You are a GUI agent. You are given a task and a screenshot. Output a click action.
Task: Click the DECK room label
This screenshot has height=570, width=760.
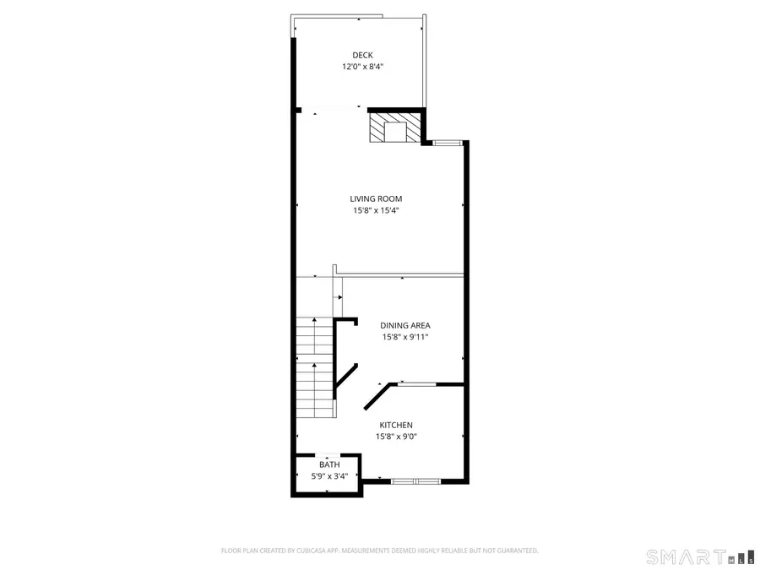pos(362,55)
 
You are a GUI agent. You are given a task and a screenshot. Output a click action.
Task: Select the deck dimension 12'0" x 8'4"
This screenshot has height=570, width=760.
pos(362,67)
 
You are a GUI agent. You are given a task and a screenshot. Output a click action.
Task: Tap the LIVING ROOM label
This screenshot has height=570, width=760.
pos(376,199)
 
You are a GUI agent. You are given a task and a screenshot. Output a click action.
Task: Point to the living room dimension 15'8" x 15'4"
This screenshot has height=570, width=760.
pos(376,211)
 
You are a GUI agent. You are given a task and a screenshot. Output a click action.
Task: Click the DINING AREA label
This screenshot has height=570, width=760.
pos(404,325)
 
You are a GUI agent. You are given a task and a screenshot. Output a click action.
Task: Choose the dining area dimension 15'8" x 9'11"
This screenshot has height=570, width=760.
pos(404,337)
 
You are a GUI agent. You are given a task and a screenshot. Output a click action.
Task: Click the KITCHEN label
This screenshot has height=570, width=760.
pos(396,425)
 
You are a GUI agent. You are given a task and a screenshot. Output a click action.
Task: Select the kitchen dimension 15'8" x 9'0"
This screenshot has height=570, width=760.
pos(396,437)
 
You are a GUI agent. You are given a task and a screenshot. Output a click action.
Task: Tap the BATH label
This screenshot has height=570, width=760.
pos(328,464)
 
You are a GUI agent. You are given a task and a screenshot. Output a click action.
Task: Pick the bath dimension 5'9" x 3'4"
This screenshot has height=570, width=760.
pos(328,476)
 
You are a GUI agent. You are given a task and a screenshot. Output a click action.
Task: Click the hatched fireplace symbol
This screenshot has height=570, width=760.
pos(395,128)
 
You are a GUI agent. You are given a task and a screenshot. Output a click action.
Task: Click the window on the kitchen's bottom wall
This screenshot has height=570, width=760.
pos(415,481)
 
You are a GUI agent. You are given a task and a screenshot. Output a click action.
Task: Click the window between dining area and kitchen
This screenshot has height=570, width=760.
pos(417,384)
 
